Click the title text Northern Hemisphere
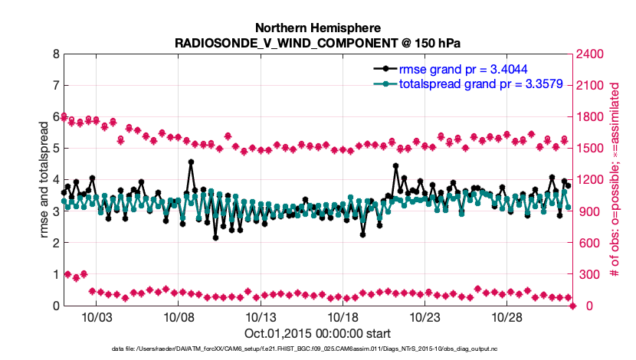[318, 26]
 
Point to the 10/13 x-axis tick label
[260, 316]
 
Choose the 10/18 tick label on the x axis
[343, 316]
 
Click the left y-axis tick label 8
[56, 54]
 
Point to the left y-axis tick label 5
[56, 149]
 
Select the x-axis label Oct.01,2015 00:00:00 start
[318, 333]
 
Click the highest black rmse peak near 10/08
[191, 162]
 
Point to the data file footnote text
[318, 349]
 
